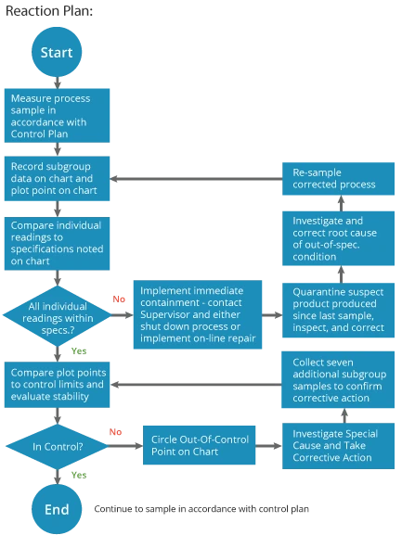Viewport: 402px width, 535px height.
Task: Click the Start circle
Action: (x=57, y=54)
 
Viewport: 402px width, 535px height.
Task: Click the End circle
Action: (x=57, y=509)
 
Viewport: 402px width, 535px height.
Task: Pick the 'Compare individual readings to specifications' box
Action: (x=59, y=243)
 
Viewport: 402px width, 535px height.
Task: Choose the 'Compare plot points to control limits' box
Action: (x=59, y=384)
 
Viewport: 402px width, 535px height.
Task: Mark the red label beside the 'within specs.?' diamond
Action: (x=119, y=299)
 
